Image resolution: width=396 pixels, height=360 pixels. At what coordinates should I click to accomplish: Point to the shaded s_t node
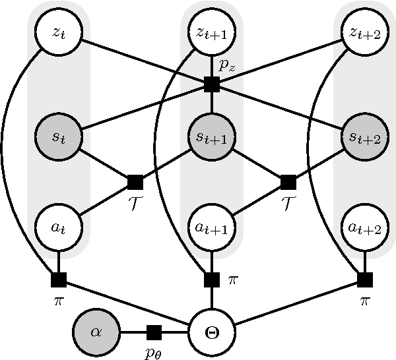click(x=58, y=137)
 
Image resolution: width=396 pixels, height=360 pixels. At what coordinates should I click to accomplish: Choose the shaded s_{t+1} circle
click(x=211, y=137)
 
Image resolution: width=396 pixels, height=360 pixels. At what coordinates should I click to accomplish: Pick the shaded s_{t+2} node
click(x=364, y=137)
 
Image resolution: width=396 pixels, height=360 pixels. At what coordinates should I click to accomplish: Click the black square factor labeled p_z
click(x=211, y=84)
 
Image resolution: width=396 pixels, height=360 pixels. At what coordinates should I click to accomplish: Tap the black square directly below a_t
click(x=58, y=280)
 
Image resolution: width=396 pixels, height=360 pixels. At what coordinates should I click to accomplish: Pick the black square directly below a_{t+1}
click(x=211, y=280)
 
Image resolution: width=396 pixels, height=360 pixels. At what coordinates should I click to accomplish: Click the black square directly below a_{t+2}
click(x=364, y=280)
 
